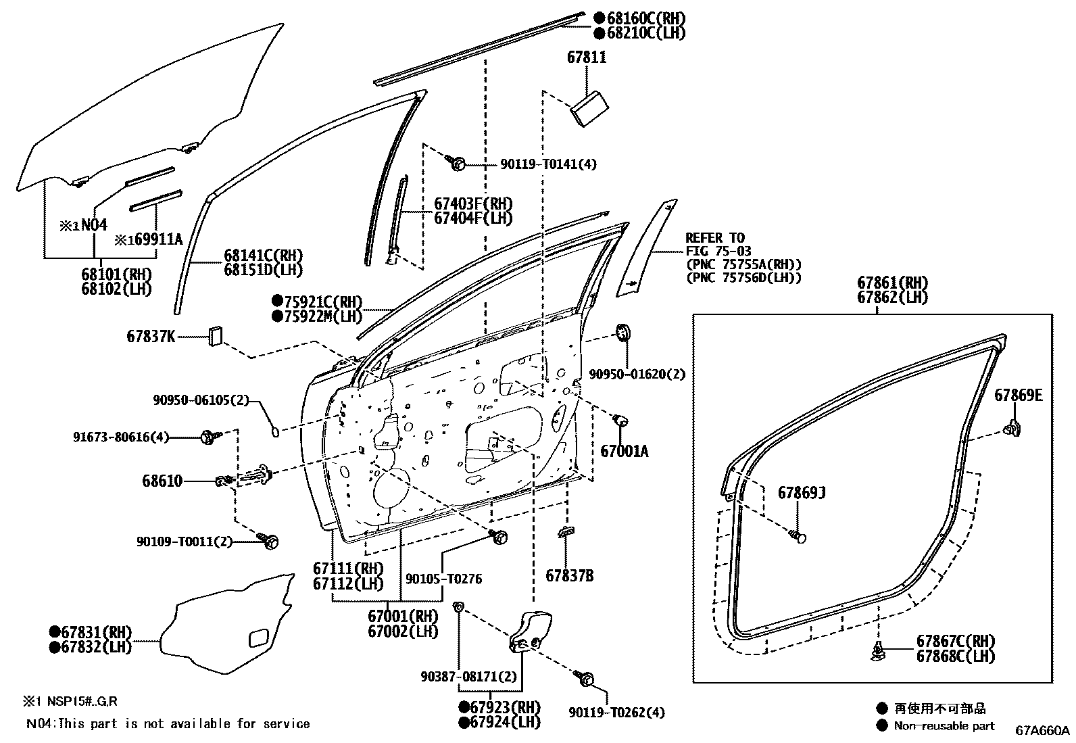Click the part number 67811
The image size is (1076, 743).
coord(586,58)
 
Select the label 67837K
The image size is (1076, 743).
coord(150,336)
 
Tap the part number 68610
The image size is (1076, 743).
coord(162,481)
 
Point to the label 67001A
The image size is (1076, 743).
coord(624,451)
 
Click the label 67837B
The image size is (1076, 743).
coord(569,576)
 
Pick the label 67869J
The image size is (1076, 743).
coord(802,493)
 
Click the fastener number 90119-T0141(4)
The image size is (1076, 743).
coord(548,164)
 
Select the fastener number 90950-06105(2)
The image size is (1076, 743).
coord(201,401)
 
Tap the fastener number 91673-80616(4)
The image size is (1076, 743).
coord(120,437)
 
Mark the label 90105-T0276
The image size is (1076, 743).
coord(443,579)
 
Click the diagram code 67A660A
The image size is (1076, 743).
coord(1042,731)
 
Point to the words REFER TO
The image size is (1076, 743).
coord(715,238)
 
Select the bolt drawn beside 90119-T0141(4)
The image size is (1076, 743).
coord(455,162)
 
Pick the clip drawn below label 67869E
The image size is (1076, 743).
coord(1012,428)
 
